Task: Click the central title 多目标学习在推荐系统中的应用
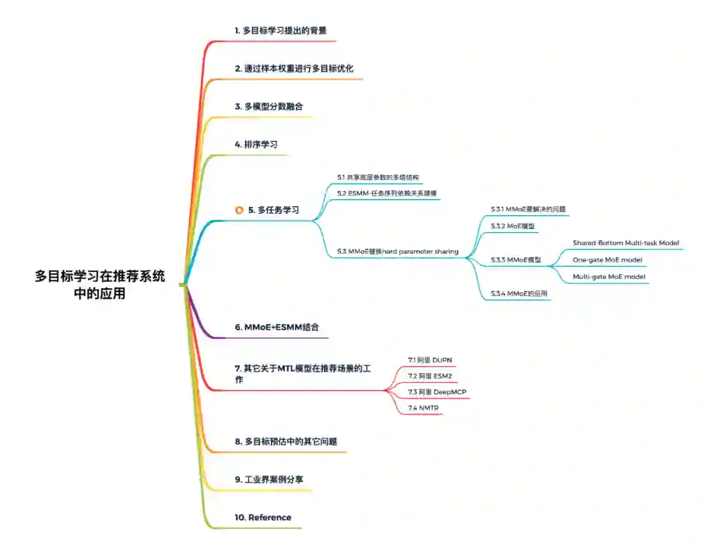pyautogui.click(x=100, y=285)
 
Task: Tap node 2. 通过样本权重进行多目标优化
pyautogui.click(x=294, y=68)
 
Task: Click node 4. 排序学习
pyautogui.click(x=256, y=144)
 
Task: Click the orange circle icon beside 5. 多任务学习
pyautogui.click(x=239, y=210)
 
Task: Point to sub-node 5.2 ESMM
pyautogui.click(x=387, y=193)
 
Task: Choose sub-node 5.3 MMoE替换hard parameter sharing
pyautogui.click(x=398, y=251)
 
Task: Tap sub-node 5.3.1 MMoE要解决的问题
pyautogui.click(x=528, y=209)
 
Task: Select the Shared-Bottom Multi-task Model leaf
pyautogui.click(x=626, y=243)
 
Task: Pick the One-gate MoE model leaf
pyautogui.click(x=607, y=260)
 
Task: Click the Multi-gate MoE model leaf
pyautogui.click(x=609, y=276)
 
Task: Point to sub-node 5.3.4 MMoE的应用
pyautogui.click(x=519, y=294)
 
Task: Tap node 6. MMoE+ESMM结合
pyautogui.click(x=277, y=327)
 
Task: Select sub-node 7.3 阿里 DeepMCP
pyautogui.click(x=437, y=392)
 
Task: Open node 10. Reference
pyautogui.click(x=263, y=517)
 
